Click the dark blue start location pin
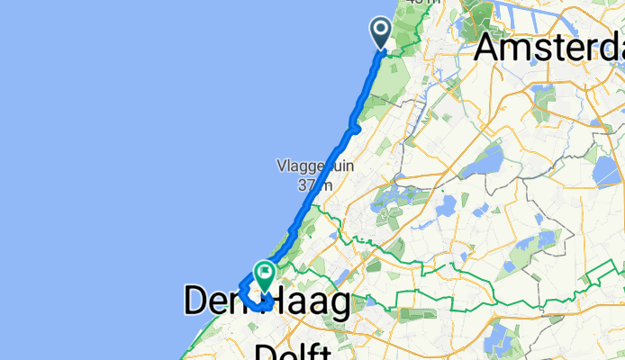click(x=381, y=33)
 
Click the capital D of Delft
click(x=267, y=351)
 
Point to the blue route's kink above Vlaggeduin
click(x=355, y=129)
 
